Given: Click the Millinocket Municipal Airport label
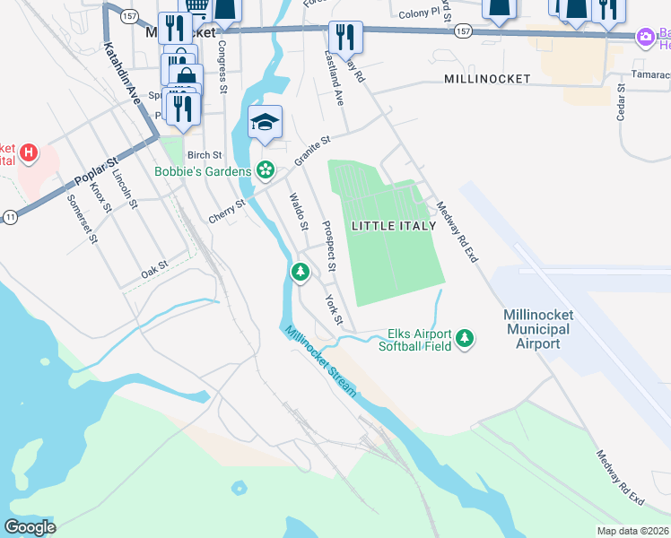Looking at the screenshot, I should (538, 329).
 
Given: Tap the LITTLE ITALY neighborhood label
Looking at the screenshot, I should (394, 225).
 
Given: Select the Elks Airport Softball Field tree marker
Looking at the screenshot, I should (464, 339).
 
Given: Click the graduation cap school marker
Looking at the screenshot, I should (265, 122).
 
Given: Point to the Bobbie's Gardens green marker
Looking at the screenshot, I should (266, 169).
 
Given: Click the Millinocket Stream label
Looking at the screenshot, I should (321, 361).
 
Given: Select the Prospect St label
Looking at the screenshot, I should (329, 247).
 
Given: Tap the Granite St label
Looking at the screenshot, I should (313, 151).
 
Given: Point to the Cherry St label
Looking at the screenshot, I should (227, 212).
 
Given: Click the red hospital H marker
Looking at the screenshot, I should (30, 152).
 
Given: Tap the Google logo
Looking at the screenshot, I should (30, 527).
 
